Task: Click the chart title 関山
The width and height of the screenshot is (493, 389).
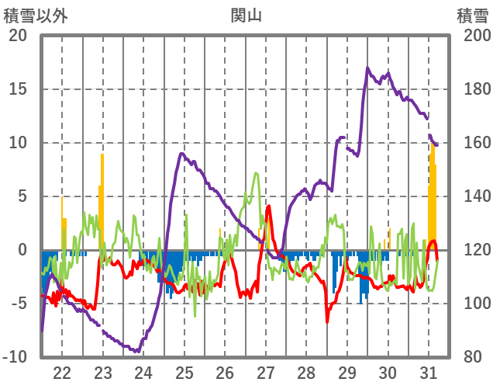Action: [246, 15]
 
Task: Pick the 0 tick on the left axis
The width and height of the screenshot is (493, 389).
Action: [23, 250]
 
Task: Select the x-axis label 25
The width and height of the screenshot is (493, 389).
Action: [184, 372]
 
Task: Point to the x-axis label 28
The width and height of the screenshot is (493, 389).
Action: [307, 372]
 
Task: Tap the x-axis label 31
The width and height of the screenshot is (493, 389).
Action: [429, 372]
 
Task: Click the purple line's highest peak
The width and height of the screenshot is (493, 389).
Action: [368, 68]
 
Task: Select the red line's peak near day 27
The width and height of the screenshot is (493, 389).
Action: [268, 207]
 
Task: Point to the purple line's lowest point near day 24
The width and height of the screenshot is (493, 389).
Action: [137, 352]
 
